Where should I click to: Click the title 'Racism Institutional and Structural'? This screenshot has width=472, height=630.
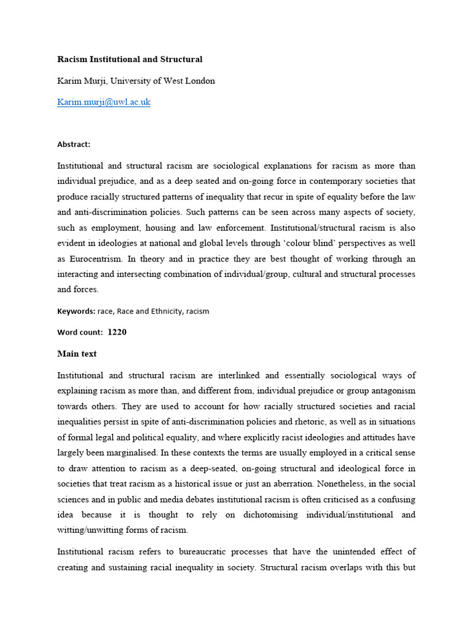coord(130,60)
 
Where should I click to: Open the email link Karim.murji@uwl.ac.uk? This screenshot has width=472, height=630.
coord(104,102)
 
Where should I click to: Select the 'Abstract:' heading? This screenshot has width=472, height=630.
coord(74,145)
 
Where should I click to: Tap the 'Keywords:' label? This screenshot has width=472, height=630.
coord(76,311)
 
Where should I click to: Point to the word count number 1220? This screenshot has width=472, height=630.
coord(117,332)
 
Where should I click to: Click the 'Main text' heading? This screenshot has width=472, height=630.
coord(77,354)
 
